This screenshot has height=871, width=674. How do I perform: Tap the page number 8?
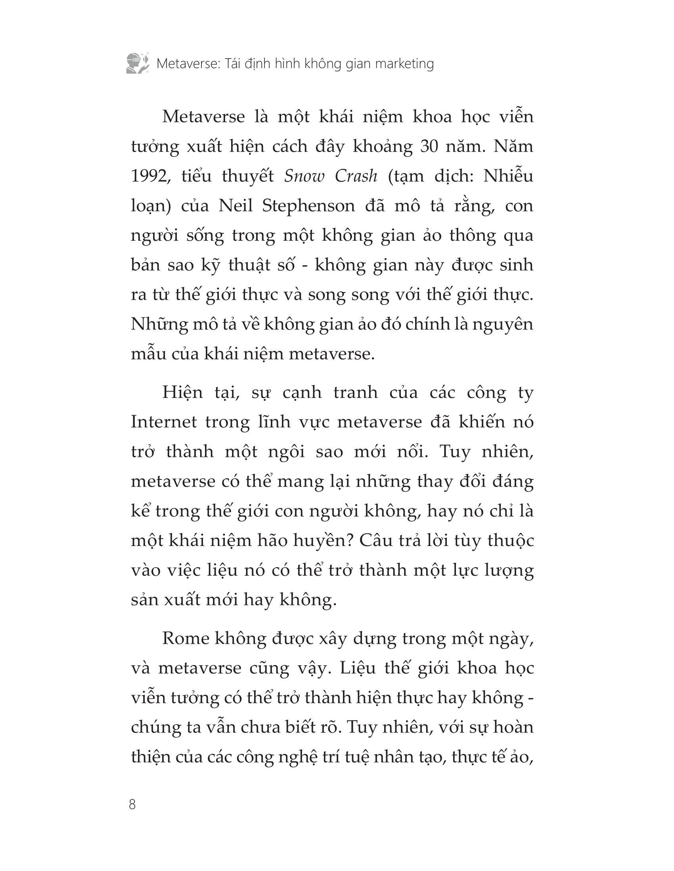132,804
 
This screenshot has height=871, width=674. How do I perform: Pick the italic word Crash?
356,176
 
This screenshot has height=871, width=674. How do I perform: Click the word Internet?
164,422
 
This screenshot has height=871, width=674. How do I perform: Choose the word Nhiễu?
508,176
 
